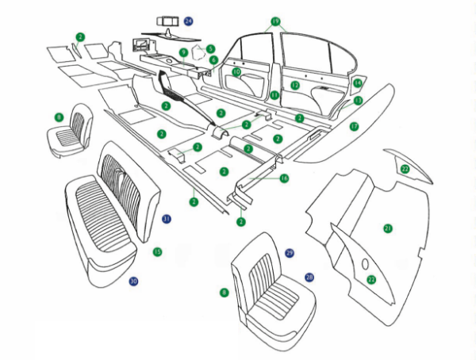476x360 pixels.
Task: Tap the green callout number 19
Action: point(275,21)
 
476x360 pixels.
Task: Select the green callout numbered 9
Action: point(183,52)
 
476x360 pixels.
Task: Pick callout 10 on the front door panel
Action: point(236,72)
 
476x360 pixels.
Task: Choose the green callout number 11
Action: point(274,95)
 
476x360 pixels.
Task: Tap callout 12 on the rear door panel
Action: point(295,85)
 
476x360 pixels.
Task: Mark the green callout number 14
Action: point(357,83)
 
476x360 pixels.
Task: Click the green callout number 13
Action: point(358,101)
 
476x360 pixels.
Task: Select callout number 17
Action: point(354,126)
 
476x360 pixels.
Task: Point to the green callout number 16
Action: point(283,178)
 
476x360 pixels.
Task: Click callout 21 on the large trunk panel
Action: point(388,228)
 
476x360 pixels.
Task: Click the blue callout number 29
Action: point(290,252)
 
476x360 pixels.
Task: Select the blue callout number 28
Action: point(309,278)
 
